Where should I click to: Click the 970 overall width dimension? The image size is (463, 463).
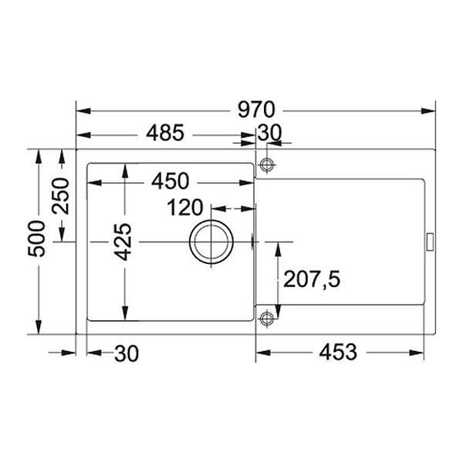[x=256, y=110]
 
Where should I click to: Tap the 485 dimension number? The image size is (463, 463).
[x=165, y=133]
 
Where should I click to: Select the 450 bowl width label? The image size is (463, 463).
[x=170, y=181]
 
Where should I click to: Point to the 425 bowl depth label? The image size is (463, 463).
[x=123, y=242]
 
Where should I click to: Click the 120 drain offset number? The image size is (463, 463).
[x=185, y=208]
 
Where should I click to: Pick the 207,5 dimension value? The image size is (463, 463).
[x=312, y=279]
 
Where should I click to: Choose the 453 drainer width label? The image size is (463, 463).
[x=338, y=352]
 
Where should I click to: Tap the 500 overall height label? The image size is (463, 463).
[x=36, y=238]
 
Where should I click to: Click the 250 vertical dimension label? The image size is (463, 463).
[x=60, y=196]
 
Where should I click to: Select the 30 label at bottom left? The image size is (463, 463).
[x=127, y=353]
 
